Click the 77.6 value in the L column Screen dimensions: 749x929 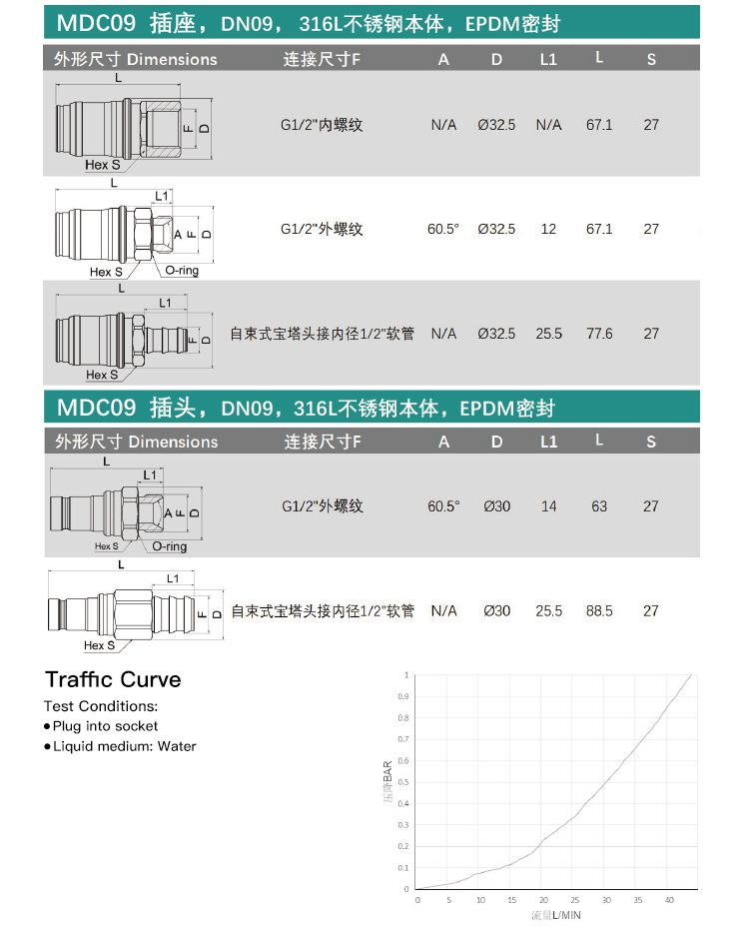point(599,334)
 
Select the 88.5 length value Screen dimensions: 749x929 point(599,610)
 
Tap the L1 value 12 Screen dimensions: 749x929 point(548,229)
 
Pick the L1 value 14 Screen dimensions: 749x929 point(548,506)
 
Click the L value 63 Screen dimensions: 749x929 point(599,506)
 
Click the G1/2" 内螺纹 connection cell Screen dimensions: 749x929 point(322,125)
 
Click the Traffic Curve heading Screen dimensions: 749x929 point(113,679)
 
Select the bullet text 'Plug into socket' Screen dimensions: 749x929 point(106,726)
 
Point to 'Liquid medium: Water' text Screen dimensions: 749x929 point(125,746)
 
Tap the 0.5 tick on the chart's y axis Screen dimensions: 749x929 point(403,782)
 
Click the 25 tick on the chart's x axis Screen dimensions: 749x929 point(575,900)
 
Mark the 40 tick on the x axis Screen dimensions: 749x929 point(669,900)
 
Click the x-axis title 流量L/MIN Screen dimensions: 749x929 point(556,915)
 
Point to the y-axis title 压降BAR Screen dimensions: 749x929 point(387,781)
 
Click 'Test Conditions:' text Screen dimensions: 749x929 point(101,706)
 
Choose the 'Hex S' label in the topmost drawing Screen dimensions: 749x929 point(103,165)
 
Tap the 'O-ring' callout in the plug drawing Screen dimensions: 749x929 point(170,546)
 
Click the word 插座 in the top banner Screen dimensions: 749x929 point(173,24)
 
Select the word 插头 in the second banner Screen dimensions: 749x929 point(173,408)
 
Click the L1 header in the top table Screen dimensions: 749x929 point(548,59)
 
